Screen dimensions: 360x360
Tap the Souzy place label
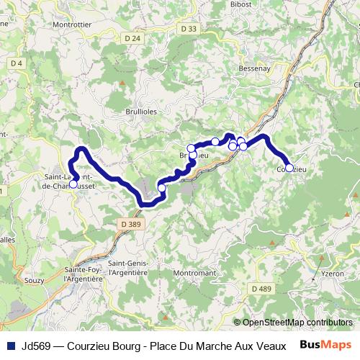click(x=34, y=281)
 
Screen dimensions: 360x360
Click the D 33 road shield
click(x=189, y=29)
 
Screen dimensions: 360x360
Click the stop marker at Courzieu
click(x=289, y=168)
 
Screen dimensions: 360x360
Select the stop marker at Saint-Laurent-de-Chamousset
click(x=73, y=184)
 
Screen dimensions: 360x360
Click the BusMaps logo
click(x=326, y=344)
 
